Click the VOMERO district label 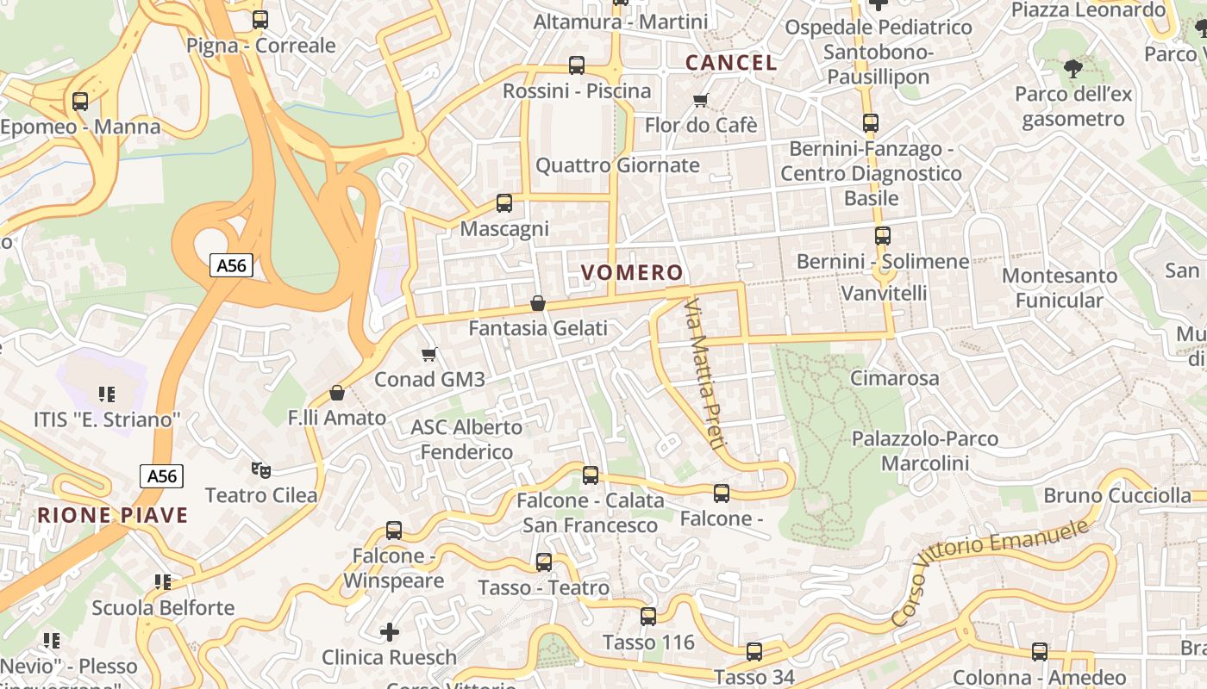click(632, 273)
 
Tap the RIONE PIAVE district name click(112, 516)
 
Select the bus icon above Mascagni click(504, 203)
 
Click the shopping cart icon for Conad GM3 click(429, 354)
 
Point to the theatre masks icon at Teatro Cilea click(261, 470)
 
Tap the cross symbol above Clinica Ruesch click(390, 633)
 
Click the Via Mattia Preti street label click(704, 374)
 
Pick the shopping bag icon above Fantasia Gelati click(538, 303)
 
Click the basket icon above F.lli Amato click(337, 393)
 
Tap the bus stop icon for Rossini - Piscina click(577, 65)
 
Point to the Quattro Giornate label click(617, 165)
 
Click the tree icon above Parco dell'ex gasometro click(1073, 68)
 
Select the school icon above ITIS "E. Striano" click(107, 394)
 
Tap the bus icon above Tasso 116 click(648, 617)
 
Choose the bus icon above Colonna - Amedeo click(1040, 652)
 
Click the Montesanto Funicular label click(1059, 288)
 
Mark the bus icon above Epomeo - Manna click(80, 102)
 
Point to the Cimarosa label click(894, 378)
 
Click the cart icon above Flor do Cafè click(701, 100)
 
